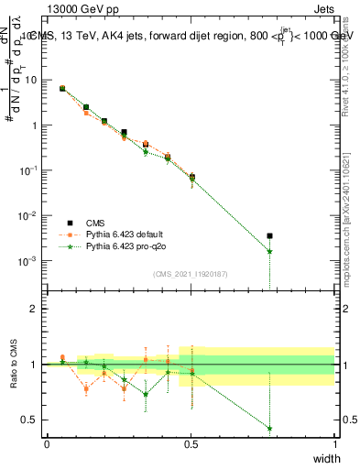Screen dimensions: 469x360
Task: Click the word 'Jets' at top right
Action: (322, 10)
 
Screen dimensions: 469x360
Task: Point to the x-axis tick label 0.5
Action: (191, 443)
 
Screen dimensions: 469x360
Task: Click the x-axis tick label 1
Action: (334, 443)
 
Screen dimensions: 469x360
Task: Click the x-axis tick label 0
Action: (47, 443)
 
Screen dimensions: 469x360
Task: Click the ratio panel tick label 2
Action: (34, 309)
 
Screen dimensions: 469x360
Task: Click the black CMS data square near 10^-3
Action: (269, 236)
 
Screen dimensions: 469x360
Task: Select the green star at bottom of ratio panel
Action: (269, 428)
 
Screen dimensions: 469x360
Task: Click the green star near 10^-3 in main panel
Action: (269, 251)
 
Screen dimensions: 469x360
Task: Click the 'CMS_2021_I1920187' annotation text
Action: (191, 274)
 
